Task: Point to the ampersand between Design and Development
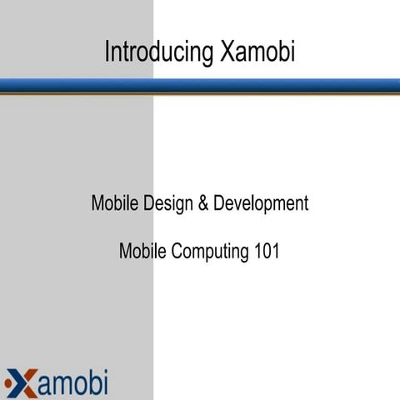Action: tap(203, 202)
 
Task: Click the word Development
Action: tap(261, 202)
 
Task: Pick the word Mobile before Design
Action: tap(114, 202)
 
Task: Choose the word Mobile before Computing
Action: tap(142, 250)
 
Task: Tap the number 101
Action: tap(265, 249)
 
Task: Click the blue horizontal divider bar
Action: tap(200, 86)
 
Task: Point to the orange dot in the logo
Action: tap(7, 382)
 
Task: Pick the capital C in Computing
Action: tap(177, 249)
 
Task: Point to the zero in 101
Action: tap(265, 249)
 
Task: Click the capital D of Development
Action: tap(219, 202)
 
